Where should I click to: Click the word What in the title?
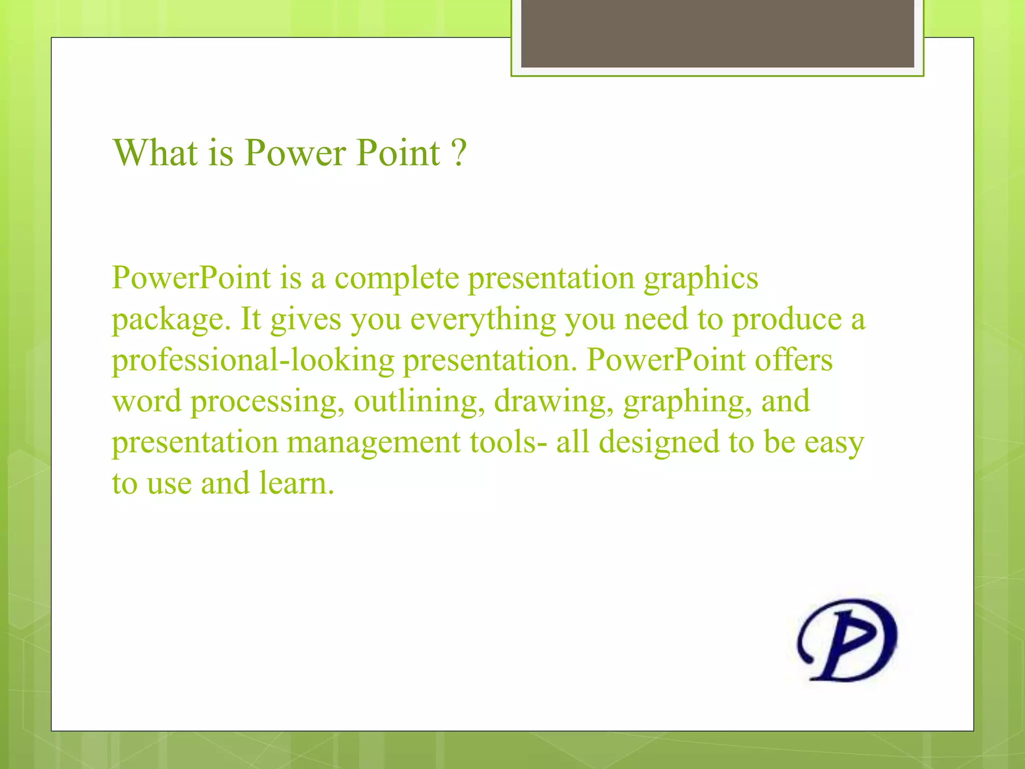(x=155, y=152)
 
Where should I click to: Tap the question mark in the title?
(x=458, y=152)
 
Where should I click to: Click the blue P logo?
(x=847, y=640)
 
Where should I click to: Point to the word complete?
(x=396, y=278)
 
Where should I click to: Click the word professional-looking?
(x=253, y=361)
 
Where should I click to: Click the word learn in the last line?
(x=296, y=484)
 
